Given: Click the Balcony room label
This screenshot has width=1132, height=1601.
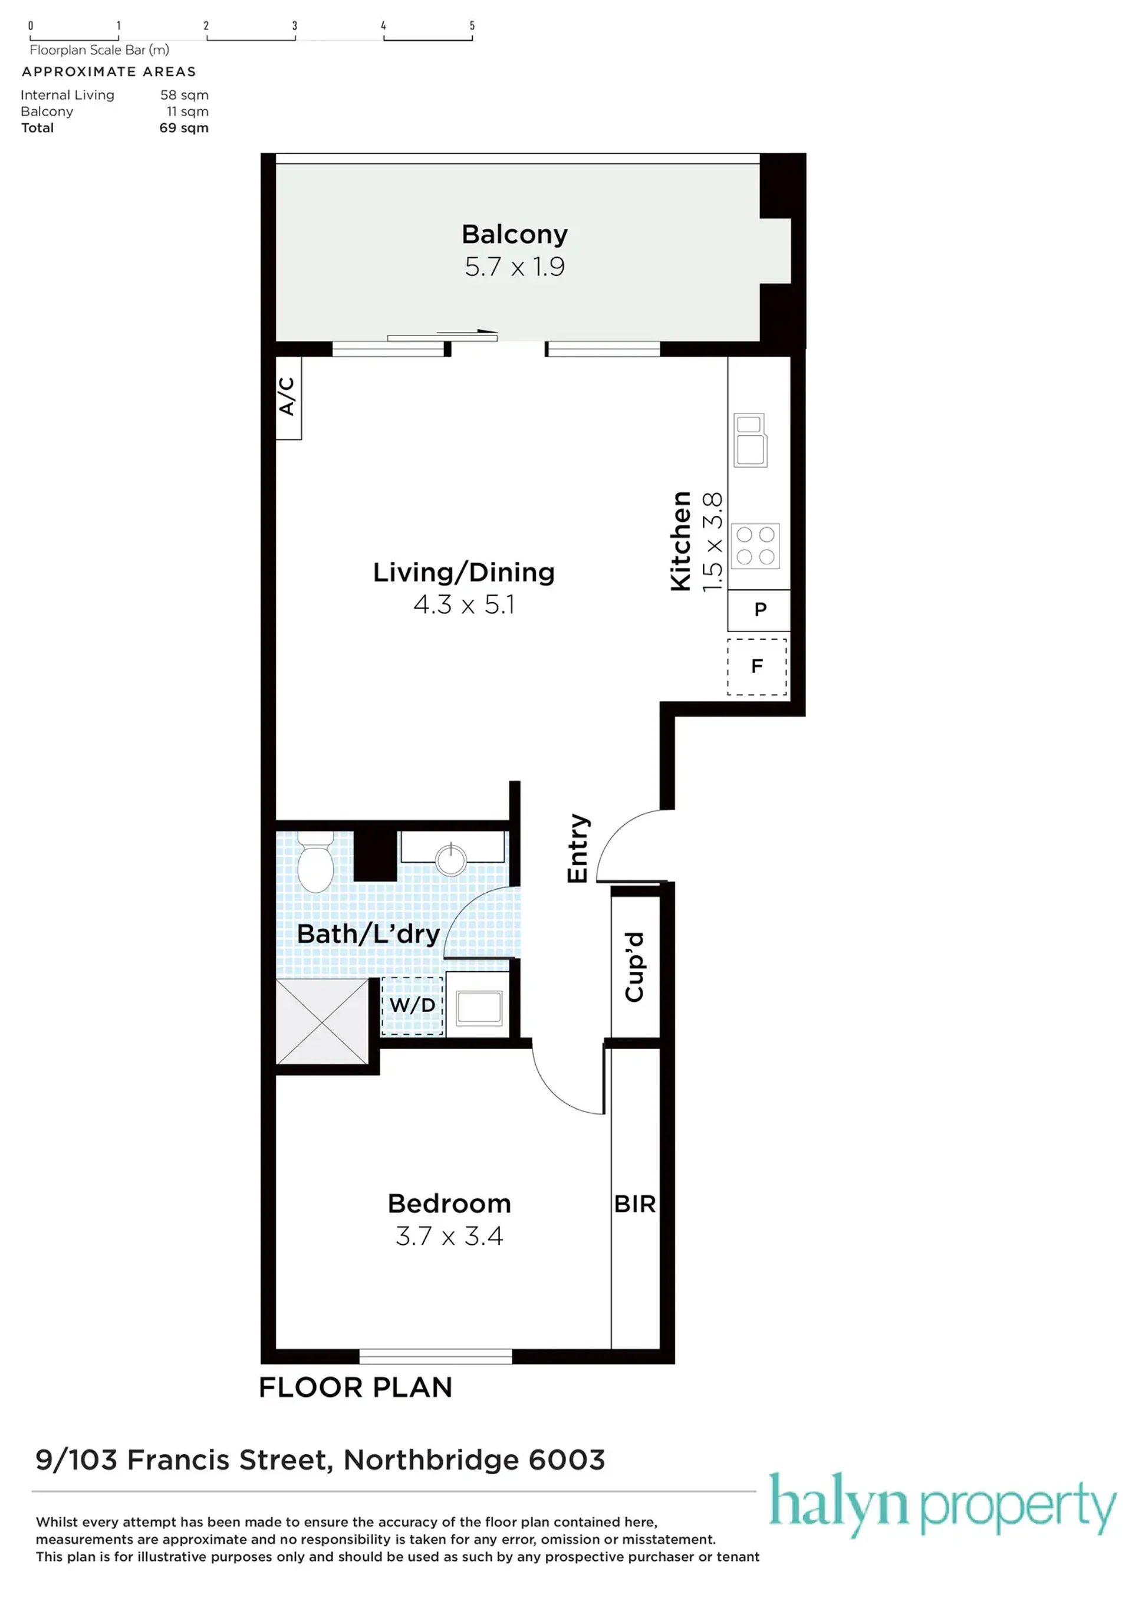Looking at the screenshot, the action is pyautogui.click(x=515, y=234).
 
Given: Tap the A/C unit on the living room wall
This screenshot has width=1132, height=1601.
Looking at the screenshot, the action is pyautogui.click(x=288, y=397).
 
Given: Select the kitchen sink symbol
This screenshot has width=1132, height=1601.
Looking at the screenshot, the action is pyautogui.click(x=750, y=440).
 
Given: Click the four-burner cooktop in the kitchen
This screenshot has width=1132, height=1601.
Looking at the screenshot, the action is pyautogui.click(x=756, y=546).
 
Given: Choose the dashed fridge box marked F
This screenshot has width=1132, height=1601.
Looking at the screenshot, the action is pyautogui.click(x=757, y=666).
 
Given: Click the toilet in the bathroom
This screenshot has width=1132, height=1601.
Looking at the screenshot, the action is pyautogui.click(x=315, y=862).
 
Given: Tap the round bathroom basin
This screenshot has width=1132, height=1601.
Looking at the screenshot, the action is pyautogui.click(x=451, y=860).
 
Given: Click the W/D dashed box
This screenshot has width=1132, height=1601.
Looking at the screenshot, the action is pyautogui.click(x=412, y=1005).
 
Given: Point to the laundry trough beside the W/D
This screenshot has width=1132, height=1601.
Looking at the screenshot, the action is pyautogui.click(x=479, y=1008).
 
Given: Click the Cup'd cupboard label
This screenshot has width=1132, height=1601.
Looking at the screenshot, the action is pyautogui.click(x=634, y=967).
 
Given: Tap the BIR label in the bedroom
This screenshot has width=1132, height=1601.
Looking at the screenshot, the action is pyautogui.click(x=635, y=1204).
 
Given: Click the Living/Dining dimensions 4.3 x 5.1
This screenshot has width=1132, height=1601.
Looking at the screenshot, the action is pyautogui.click(x=464, y=604).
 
